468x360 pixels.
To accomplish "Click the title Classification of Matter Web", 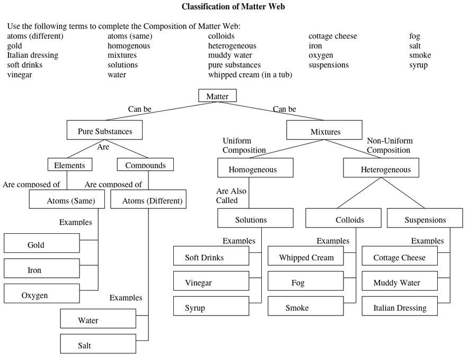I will coord(234,7).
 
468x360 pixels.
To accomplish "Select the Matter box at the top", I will coord(217,96).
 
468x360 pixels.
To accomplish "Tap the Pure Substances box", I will coord(105,131).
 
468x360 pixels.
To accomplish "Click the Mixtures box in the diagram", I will coord(324,131).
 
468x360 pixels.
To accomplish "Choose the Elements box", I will coord(69,165).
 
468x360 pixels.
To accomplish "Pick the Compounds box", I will coord(145,165).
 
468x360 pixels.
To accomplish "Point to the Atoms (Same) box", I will coord(67,200).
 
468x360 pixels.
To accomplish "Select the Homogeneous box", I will coord(255,169).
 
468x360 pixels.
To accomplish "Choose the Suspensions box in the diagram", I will coord(425,218).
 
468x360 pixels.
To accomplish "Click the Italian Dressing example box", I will coord(400,306).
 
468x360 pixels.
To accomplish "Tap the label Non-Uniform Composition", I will coord(389,145).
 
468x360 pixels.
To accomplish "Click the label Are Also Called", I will coord(231,195).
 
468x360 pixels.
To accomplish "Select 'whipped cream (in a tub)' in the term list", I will coord(250,75).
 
